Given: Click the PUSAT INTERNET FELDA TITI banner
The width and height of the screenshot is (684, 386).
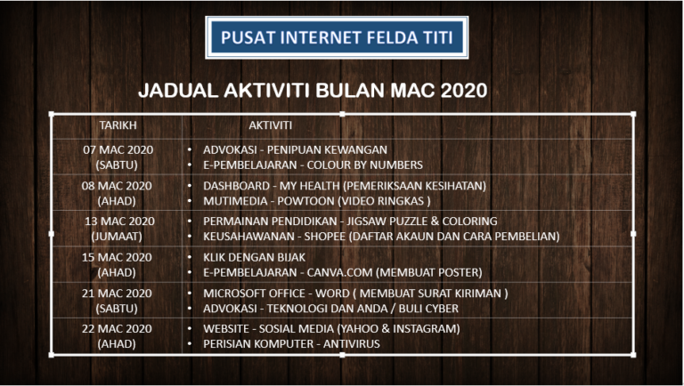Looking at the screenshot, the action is (x=337, y=37).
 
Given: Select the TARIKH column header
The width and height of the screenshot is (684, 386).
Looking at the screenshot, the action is (x=118, y=125).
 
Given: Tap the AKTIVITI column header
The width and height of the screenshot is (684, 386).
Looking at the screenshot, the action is (x=271, y=125).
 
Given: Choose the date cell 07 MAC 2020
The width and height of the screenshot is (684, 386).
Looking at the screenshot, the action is (x=118, y=150).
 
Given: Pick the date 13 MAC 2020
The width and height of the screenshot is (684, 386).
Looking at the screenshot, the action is (x=119, y=221).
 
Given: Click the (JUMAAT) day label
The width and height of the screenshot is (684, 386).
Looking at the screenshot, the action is (x=117, y=237).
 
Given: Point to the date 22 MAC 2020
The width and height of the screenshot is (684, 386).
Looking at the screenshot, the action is (x=117, y=328).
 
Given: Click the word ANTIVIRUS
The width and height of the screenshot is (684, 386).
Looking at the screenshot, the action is (x=352, y=343).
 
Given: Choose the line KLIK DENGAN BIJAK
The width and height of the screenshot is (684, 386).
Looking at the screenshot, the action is (x=255, y=257).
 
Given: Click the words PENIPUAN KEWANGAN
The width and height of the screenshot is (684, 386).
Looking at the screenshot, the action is (x=327, y=150).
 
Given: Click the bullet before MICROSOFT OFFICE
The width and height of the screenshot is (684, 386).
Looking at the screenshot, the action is (x=190, y=294).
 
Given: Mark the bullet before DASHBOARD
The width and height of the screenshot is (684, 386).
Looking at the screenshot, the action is (x=190, y=186).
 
